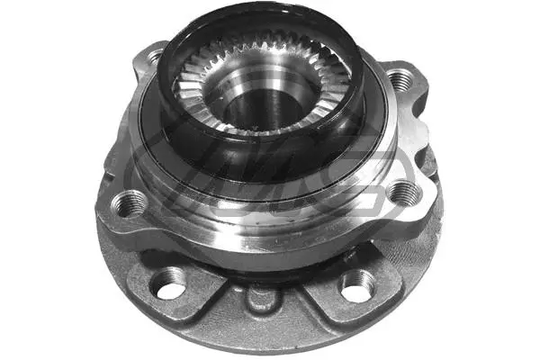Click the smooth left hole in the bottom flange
(x=167, y=288)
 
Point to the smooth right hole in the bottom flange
(x=357, y=286)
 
